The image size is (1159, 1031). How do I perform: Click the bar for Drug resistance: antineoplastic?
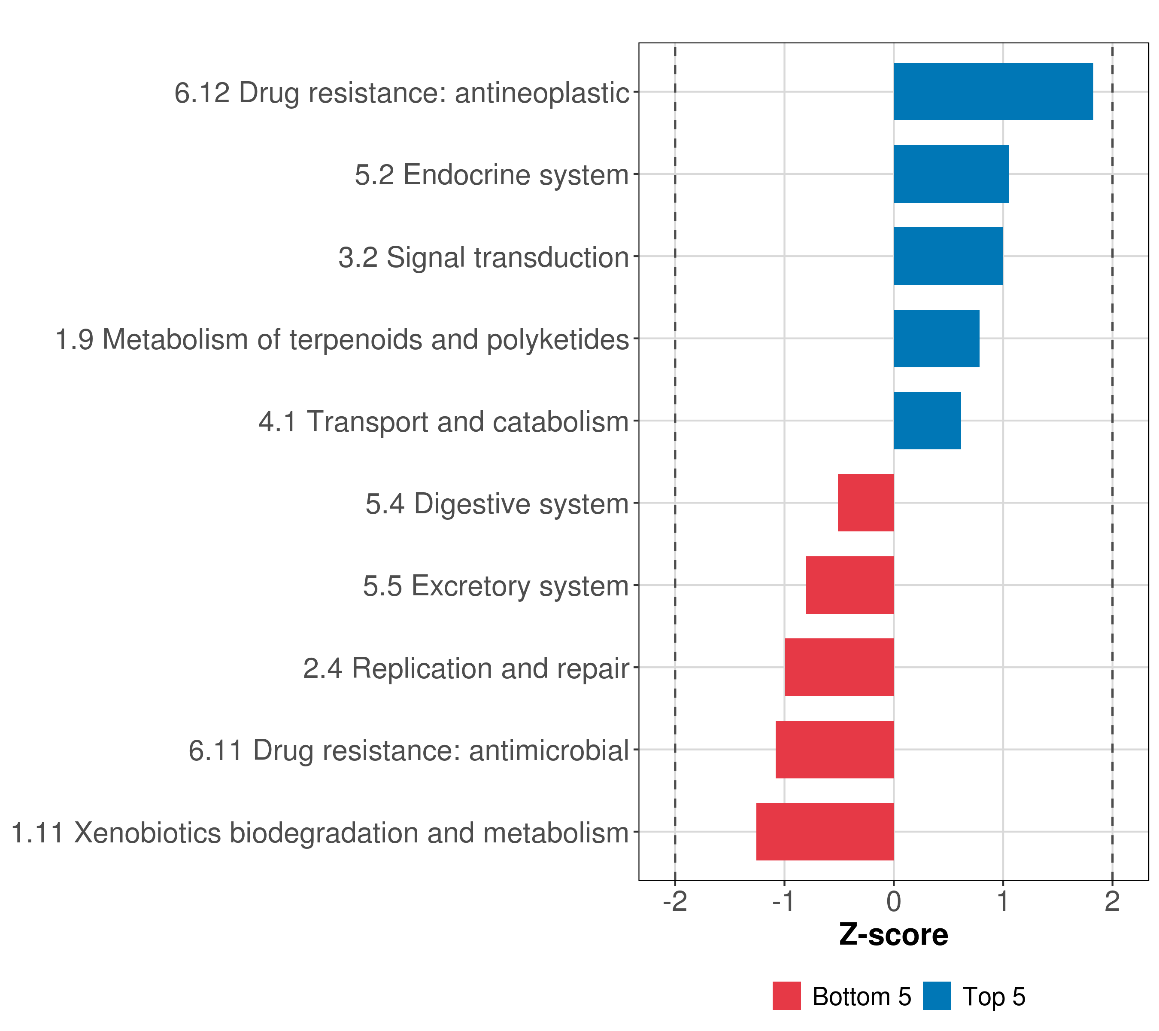(x=993, y=92)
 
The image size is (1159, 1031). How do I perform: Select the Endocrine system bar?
(x=951, y=174)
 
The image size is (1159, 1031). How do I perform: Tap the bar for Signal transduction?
(x=948, y=256)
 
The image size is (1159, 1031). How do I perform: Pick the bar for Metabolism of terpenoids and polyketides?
(x=936, y=339)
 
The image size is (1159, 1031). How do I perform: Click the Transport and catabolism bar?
(x=927, y=421)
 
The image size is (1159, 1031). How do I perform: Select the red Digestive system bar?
(x=865, y=503)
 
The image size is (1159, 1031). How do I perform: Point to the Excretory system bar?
(x=850, y=585)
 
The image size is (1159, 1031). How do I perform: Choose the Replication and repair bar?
(x=839, y=667)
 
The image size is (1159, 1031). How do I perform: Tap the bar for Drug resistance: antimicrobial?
(x=834, y=750)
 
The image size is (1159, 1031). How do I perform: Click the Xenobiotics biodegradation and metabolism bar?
(x=825, y=832)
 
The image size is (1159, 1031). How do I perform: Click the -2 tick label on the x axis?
(x=675, y=902)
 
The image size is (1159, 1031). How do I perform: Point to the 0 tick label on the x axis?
(x=894, y=902)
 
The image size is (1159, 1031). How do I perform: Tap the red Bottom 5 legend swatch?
(x=786, y=996)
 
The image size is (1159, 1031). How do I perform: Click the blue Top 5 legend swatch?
(x=937, y=996)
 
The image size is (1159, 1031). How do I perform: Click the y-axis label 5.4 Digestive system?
(x=497, y=504)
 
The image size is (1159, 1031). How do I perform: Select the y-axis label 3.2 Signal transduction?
(x=484, y=257)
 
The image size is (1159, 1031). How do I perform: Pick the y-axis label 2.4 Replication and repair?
(x=466, y=668)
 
